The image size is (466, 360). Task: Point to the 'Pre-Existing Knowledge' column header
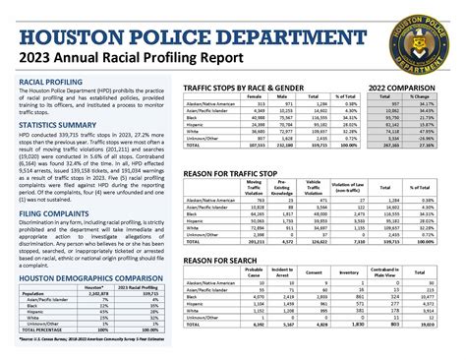285,187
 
